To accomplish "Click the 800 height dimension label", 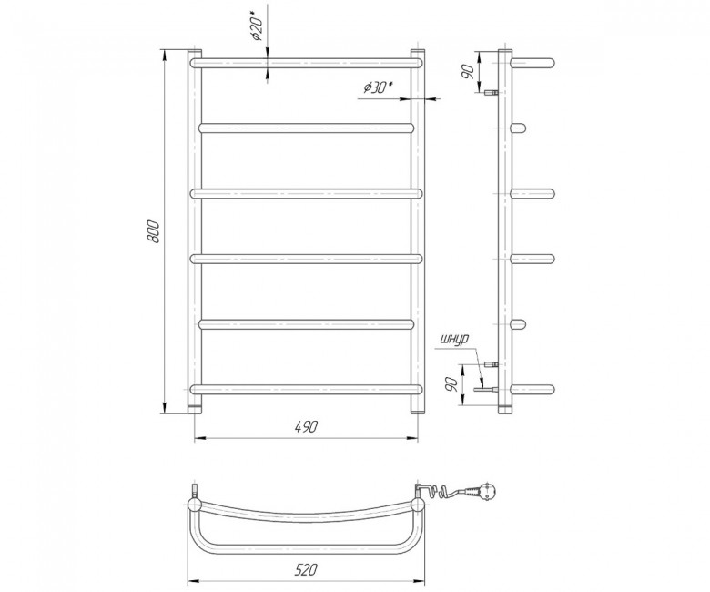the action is (x=155, y=232).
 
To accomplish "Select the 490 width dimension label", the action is (x=306, y=426).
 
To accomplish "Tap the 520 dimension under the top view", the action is (x=306, y=569).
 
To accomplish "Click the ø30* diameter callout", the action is (x=378, y=87).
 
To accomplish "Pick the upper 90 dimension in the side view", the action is (x=469, y=72).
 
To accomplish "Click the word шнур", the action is (x=453, y=339).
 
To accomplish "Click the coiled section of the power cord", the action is (x=444, y=491).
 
